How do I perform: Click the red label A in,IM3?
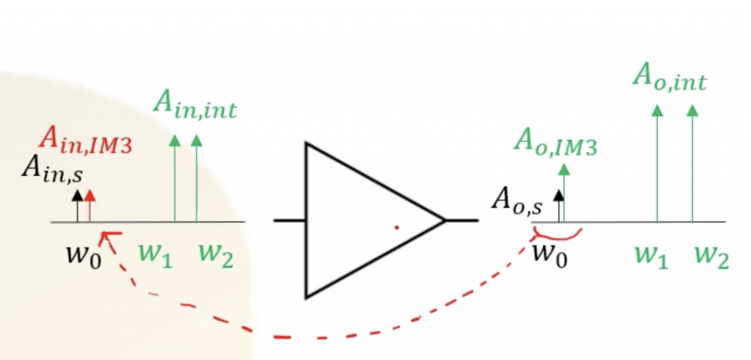point(86,140)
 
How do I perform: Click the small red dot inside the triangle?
point(396,227)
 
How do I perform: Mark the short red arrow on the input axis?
point(89,205)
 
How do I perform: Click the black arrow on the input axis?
point(77,205)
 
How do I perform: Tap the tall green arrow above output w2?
point(692,165)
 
